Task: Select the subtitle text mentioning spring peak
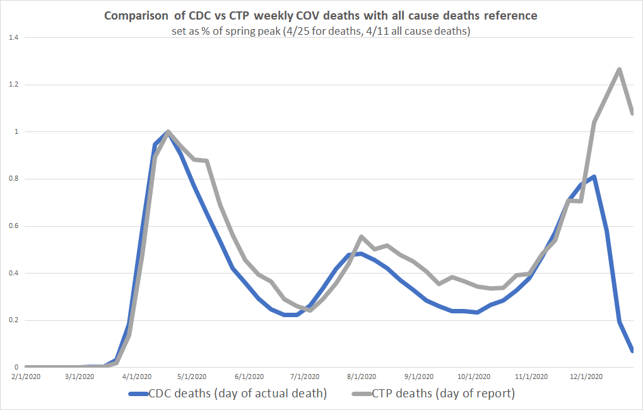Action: tap(321, 32)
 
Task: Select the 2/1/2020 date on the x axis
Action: tap(26, 376)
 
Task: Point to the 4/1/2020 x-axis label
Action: tap(137, 376)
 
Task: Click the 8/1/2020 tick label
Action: tap(362, 376)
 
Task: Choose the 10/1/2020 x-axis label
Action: tap(474, 376)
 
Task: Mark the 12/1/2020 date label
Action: tap(586, 376)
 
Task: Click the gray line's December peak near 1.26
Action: tap(619, 69)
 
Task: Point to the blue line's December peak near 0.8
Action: tap(594, 177)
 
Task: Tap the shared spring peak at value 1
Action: tap(167, 131)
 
